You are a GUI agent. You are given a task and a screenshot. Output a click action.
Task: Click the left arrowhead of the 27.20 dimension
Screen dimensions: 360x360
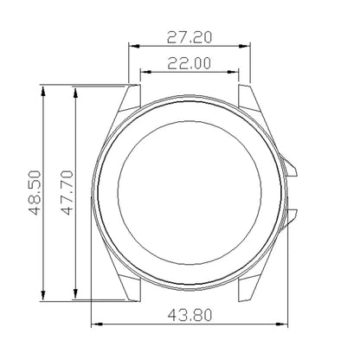tap(132, 46)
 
